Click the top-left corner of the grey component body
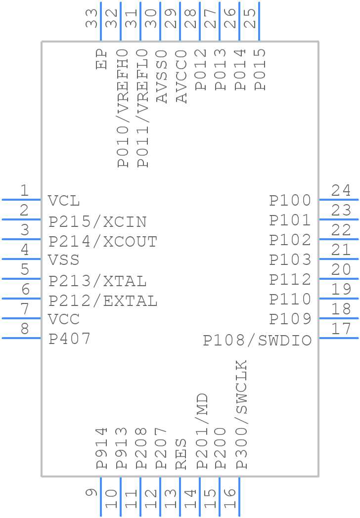click(42, 42)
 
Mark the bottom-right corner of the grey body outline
click(318, 476)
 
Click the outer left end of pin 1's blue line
click(2, 200)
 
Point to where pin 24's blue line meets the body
click(319, 200)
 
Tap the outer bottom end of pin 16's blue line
click(239, 516)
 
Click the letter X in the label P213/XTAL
click(108, 281)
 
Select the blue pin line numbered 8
click(21, 338)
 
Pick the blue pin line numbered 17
click(339, 338)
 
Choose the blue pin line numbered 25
click(259, 21)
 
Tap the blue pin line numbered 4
click(21, 259)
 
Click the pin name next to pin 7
click(64, 319)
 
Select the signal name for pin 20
click(290, 280)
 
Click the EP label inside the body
click(101, 59)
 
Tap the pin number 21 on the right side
click(341, 250)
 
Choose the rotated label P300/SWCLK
click(241, 414)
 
